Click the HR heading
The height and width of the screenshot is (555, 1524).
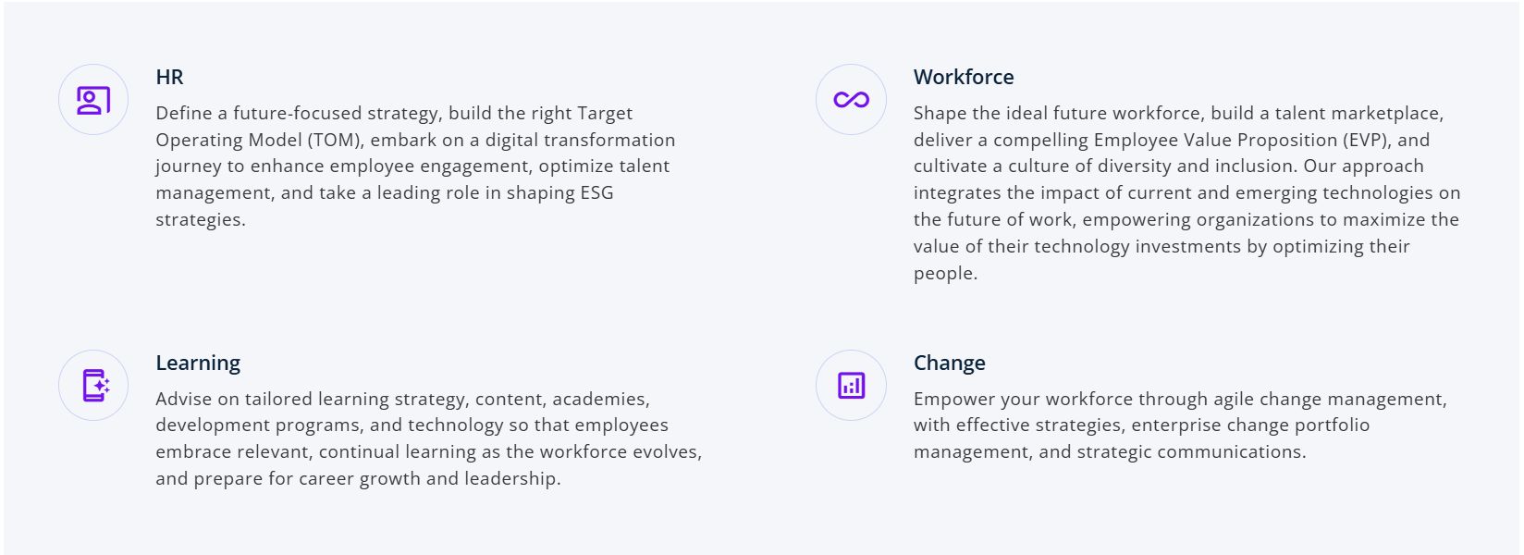point(169,77)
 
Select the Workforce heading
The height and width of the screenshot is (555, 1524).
point(964,77)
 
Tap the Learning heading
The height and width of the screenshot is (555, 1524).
point(198,364)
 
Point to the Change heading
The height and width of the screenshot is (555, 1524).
point(949,364)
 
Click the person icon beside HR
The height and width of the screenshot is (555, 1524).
point(93,100)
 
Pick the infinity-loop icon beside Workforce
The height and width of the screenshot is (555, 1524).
point(851,100)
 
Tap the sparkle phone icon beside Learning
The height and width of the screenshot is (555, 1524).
point(95,386)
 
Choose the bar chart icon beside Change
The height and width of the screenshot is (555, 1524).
point(851,386)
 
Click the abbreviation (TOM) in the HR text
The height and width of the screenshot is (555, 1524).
point(336,140)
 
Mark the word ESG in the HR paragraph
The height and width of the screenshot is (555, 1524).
point(596,193)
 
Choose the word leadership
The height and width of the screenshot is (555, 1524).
point(512,479)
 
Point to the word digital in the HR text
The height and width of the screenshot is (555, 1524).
point(511,140)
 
